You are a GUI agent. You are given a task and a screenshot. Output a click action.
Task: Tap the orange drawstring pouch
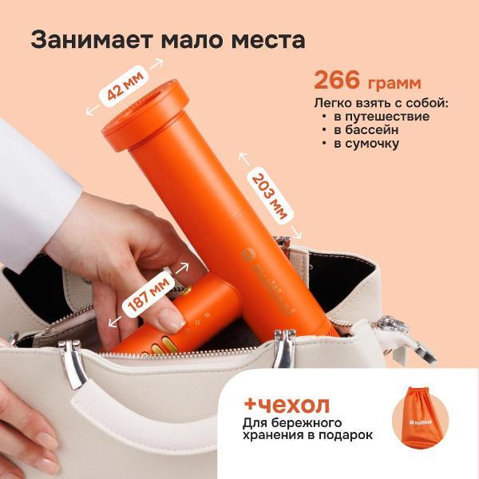click(x=421, y=419)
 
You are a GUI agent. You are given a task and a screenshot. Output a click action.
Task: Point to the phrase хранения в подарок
click(x=307, y=435)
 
